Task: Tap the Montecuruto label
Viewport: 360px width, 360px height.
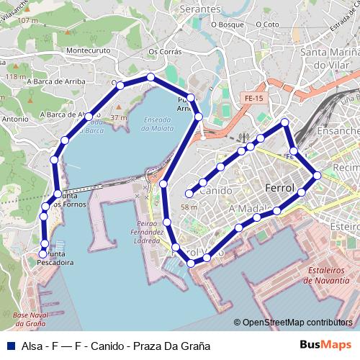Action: (87, 51)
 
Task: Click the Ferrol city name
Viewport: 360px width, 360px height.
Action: (280, 188)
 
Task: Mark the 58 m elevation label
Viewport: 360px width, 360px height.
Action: (189, 207)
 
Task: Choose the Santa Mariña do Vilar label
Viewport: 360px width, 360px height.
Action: (330, 58)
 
